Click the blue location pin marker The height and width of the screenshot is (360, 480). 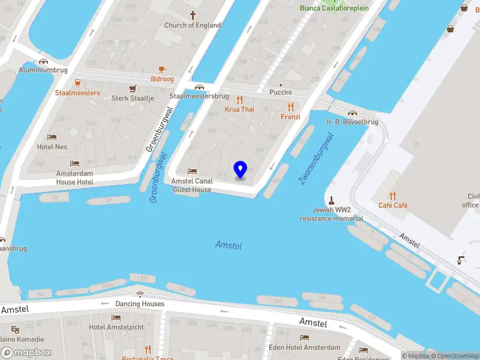coord(241,169)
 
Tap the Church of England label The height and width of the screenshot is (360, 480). coord(193,25)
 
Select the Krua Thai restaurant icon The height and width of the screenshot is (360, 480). coord(240,100)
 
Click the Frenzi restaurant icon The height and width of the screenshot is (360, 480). coord(291,107)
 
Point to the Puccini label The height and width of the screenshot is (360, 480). coord(280,92)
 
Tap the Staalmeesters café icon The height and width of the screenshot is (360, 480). coord(77,83)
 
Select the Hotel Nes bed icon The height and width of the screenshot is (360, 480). coord(52,137)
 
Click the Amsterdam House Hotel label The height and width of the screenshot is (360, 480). coord(74,177)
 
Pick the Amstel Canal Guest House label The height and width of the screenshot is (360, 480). coord(191,185)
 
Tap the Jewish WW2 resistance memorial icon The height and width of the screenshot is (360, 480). coord(331,200)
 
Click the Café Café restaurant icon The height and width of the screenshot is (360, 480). coord(393,195)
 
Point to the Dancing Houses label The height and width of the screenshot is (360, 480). coord(140,304)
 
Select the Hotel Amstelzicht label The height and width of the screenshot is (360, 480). coord(116,327)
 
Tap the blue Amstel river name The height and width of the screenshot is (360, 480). coord(229,245)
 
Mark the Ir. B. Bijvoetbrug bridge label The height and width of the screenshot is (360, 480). coord(352,122)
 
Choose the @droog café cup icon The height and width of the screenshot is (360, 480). coord(162,70)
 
